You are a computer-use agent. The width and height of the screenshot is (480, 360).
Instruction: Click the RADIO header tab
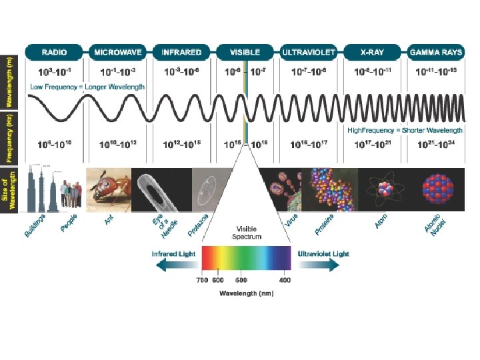(55, 51)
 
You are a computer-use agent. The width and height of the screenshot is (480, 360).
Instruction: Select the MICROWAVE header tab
(118, 51)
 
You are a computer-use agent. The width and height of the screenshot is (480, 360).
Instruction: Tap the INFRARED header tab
(182, 51)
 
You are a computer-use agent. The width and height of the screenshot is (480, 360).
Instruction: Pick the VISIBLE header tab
(245, 51)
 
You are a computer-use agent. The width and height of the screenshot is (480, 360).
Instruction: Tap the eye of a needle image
(160, 188)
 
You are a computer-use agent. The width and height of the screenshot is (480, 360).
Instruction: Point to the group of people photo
(71, 193)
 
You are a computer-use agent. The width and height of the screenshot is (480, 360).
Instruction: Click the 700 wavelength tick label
(202, 279)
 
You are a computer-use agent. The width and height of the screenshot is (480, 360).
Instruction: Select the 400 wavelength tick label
(285, 279)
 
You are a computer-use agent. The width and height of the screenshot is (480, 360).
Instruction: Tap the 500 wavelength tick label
(241, 279)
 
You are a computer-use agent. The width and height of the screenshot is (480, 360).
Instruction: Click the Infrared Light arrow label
(174, 254)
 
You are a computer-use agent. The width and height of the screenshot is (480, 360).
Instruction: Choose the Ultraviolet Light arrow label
(323, 254)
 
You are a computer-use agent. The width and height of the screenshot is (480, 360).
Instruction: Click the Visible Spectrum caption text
(247, 233)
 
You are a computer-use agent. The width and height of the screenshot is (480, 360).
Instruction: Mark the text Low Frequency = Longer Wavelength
(87, 87)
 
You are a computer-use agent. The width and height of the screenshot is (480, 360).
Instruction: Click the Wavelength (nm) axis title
(246, 293)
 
